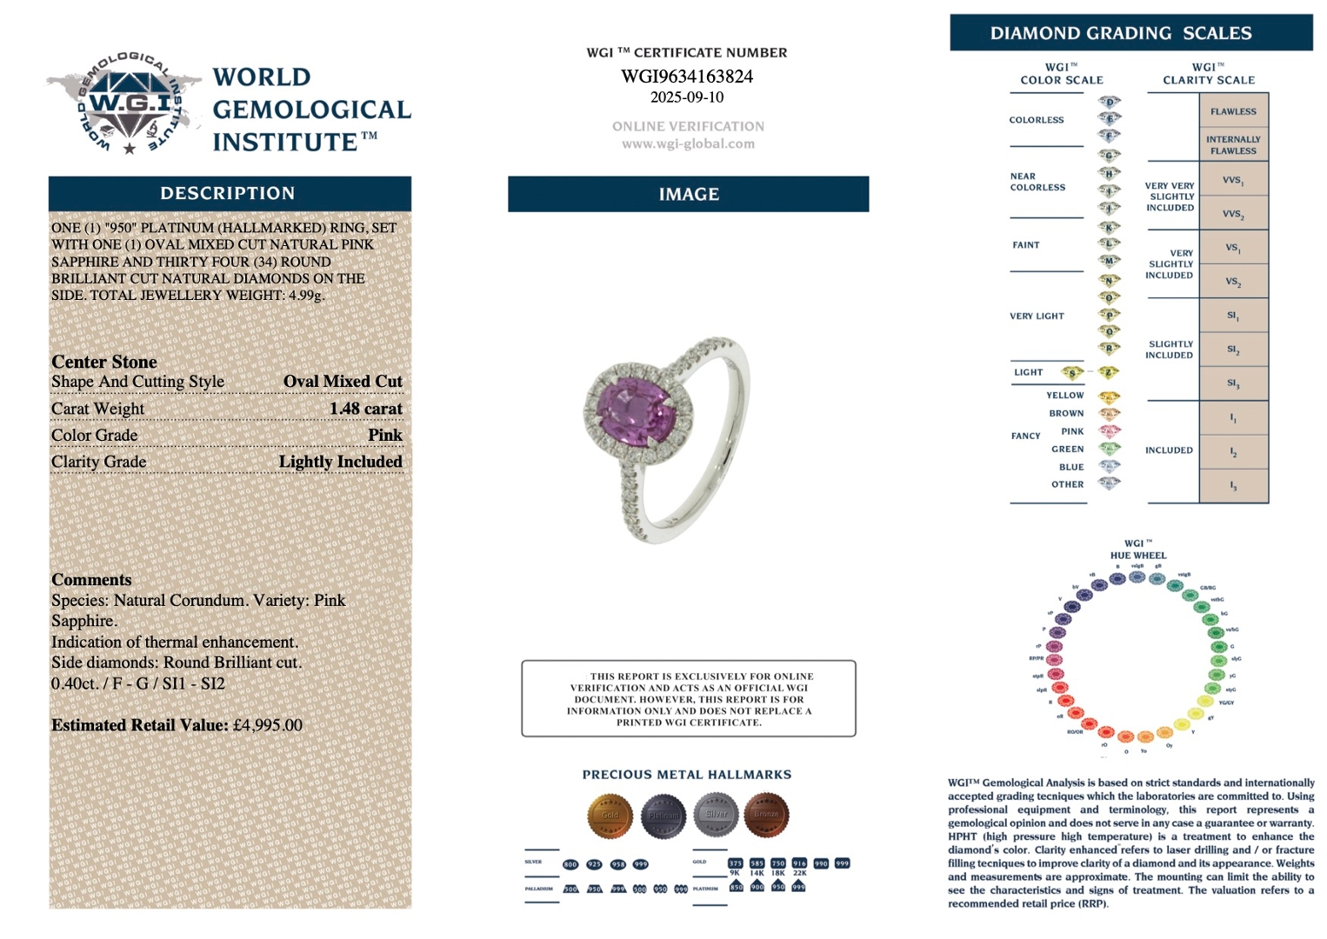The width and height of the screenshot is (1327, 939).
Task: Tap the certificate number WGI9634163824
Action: pyautogui.click(x=687, y=77)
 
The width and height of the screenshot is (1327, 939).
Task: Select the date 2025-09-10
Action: pyautogui.click(x=687, y=97)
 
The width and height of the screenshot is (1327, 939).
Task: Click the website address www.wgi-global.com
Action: pyautogui.click(x=688, y=144)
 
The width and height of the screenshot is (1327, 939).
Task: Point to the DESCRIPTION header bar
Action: pyautogui.click(x=230, y=193)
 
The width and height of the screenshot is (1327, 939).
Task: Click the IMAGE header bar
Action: pyautogui.click(x=688, y=194)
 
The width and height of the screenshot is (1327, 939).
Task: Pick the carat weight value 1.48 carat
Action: pyautogui.click(x=365, y=409)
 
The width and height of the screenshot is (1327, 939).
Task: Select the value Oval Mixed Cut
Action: pyautogui.click(x=343, y=382)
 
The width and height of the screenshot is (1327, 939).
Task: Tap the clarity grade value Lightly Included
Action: pyautogui.click(x=340, y=462)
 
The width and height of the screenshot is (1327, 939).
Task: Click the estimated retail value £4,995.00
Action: pyautogui.click(x=268, y=725)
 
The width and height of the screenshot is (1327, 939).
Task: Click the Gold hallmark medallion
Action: pyautogui.click(x=610, y=815)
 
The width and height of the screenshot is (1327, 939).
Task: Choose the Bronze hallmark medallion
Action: pyautogui.click(x=766, y=815)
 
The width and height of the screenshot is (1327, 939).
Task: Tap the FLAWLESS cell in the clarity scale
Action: pyautogui.click(x=1233, y=111)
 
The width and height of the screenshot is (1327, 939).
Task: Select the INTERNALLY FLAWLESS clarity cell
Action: pyautogui.click(x=1233, y=144)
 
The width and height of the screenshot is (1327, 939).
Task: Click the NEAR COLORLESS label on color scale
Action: pyautogui.click(x=1037, y=182)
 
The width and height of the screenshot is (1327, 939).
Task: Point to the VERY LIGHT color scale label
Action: pyautogui.click(x=1037, y=316)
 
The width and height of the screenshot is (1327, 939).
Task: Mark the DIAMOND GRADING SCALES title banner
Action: pyautogui.click(x=1130, y=33)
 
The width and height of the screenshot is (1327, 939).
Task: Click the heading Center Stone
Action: pyautogui.click(x=104, y=362)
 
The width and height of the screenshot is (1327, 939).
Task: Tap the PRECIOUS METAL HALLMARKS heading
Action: pyautogui.click(x=687, y=775)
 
